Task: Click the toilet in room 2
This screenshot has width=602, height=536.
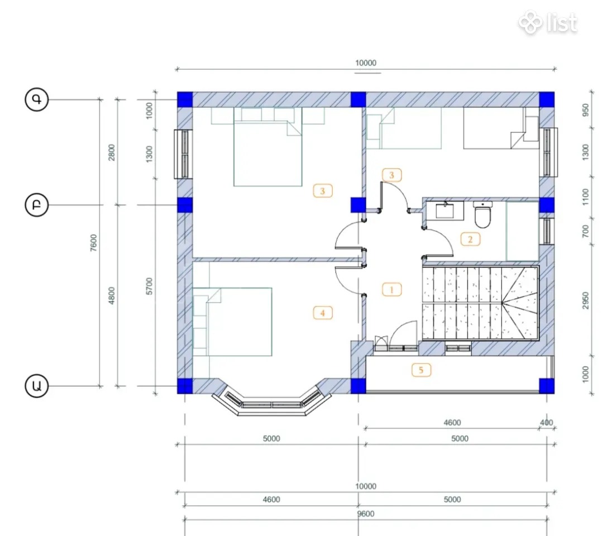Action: tap(482, 214)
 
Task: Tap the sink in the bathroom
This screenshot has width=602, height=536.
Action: tap(445, 210)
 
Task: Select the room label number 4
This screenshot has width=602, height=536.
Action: tap(323, 313)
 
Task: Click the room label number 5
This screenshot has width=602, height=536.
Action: tap(421, 370)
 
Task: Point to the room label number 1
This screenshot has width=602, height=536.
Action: tap(391, 290)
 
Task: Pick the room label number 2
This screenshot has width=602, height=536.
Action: tap(470, 239)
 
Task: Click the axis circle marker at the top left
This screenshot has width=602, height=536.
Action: tap(36, 99)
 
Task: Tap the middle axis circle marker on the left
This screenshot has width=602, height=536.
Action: tap(36, 205)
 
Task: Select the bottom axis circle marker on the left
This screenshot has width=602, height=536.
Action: tap(36, 385)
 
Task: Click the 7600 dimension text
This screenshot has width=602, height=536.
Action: tap(94, 243)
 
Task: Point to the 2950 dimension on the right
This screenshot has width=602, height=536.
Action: tap(585, 300)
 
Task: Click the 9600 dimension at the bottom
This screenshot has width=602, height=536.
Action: tap(365, 514)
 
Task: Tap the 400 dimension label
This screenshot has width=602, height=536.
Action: tap(546, 422)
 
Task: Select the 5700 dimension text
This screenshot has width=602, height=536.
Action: tap(149, 286)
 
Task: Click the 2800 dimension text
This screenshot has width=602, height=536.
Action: tap(111, 152)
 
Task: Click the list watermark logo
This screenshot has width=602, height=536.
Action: tap(548, 22)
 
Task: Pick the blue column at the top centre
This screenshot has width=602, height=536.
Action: tap(358, 99)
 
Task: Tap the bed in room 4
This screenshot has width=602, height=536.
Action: tap(232, 322)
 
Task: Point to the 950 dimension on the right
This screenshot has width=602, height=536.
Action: tap(585, 110)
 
